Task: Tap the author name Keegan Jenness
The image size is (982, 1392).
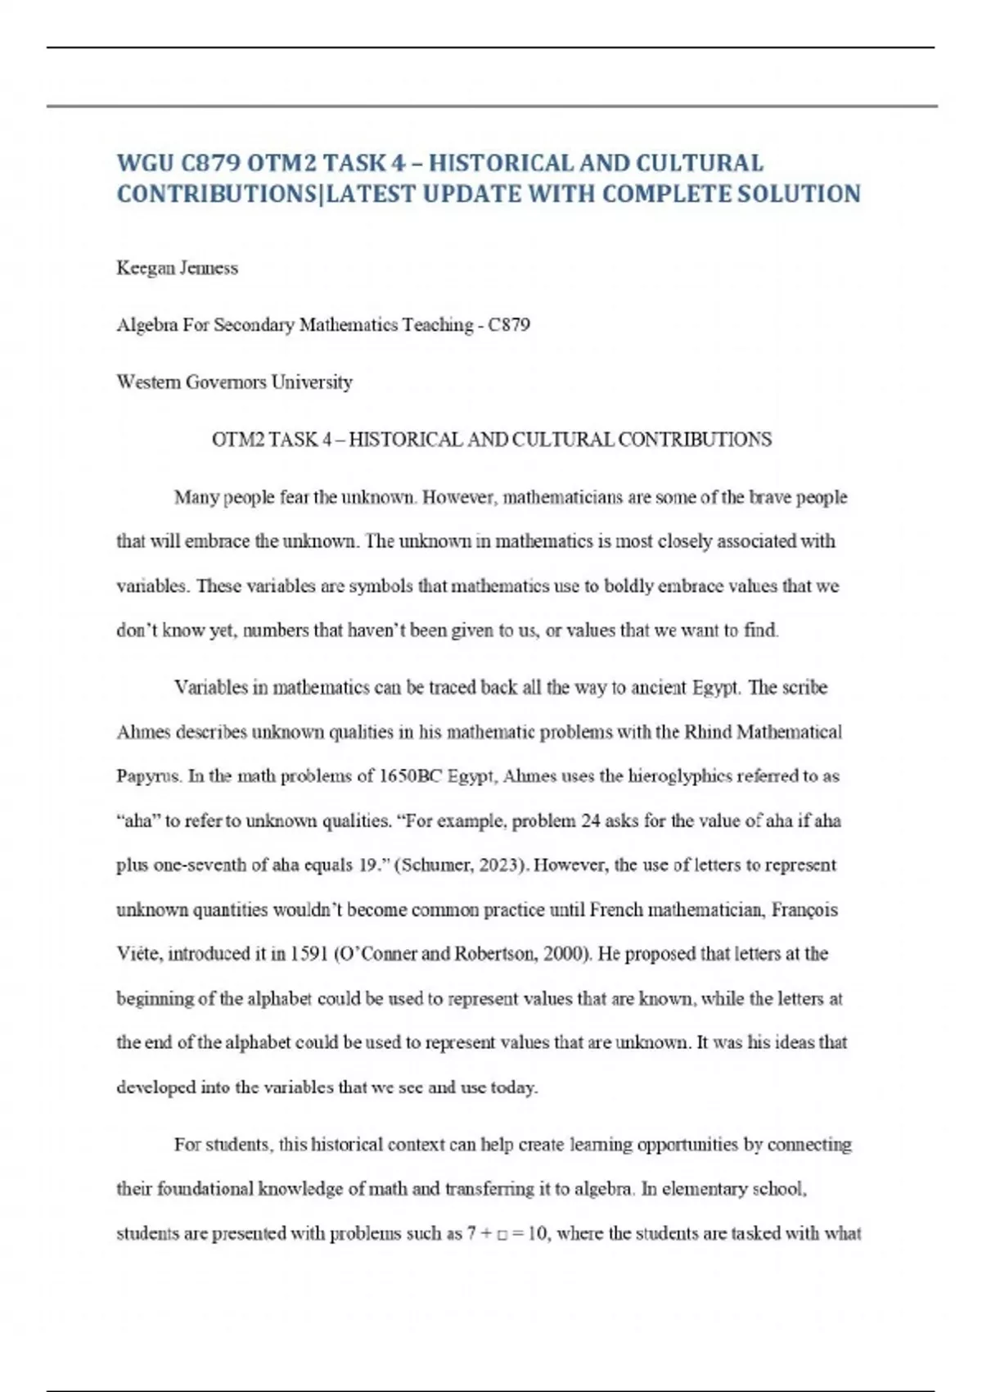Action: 177,268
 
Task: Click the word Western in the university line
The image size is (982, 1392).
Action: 148,382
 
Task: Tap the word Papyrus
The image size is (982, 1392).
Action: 148,776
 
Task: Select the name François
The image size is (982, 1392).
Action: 804,910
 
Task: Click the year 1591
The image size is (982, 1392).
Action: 309,954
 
